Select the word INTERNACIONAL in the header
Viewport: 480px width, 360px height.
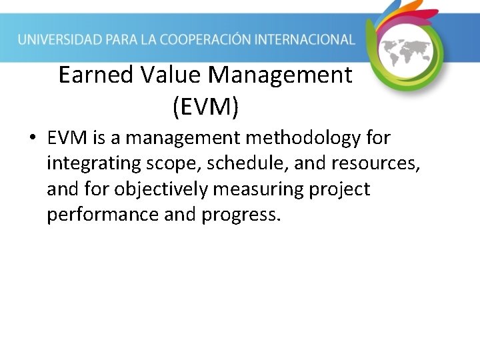[309, 39]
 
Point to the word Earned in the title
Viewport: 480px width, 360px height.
[97, 75]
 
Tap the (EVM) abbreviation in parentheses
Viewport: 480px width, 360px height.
[205, 107]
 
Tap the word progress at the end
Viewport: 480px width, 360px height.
[242, 215]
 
